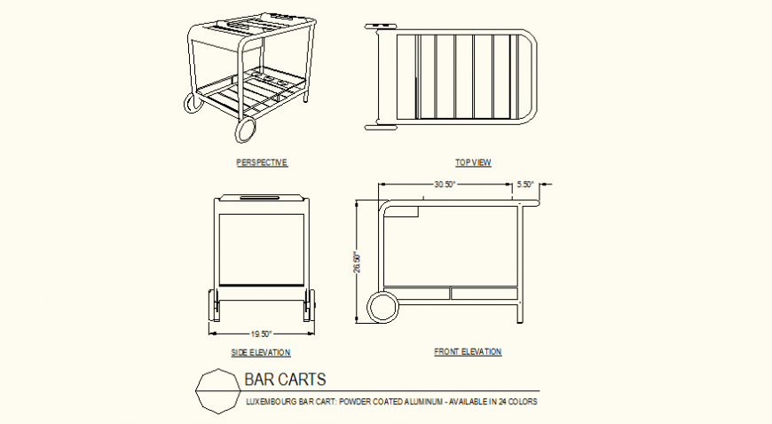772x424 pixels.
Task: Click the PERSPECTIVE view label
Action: (262, 162)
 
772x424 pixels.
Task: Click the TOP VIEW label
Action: (473, 162)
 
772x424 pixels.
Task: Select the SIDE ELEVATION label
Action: (261, 352)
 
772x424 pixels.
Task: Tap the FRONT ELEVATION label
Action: (468, 352)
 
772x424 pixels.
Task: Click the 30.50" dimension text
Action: (445, 185)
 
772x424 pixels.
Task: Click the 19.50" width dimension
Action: (261, 334)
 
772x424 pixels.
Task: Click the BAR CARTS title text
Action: (285, 380)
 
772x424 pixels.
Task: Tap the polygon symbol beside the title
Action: (216, 390)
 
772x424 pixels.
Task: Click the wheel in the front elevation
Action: (384, 306)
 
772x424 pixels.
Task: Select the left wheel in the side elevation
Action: (213, 306)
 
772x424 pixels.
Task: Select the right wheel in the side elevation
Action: (310, 306)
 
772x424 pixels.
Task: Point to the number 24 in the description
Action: (501, 402)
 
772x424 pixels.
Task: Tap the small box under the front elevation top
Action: (406, 211)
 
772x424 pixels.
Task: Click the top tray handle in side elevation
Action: (261, 197)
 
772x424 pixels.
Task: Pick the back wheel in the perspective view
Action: (193, 103)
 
